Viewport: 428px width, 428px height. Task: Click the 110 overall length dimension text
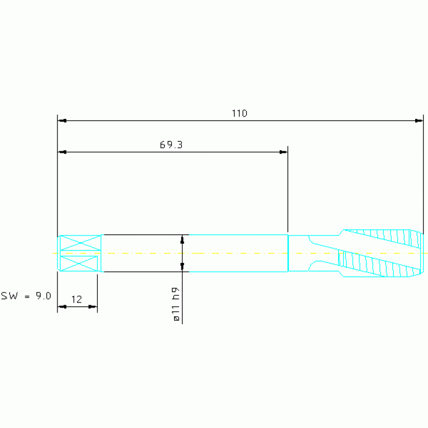tap(239, 113)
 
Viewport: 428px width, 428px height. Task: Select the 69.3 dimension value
tap(171, 145)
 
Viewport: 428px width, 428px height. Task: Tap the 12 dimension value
tap(76, 300)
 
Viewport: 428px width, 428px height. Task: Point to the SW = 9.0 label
tap(26, 296)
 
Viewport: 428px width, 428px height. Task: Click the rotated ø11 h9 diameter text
tap(176, 304)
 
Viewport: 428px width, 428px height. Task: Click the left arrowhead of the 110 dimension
tap(62, 121)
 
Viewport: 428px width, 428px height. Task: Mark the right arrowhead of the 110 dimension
tap(419, 121)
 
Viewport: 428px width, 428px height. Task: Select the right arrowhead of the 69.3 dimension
tap(283, 152)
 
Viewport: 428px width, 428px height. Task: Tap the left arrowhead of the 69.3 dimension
tap(62, 152)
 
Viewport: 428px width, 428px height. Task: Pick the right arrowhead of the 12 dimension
tap(93, 307)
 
